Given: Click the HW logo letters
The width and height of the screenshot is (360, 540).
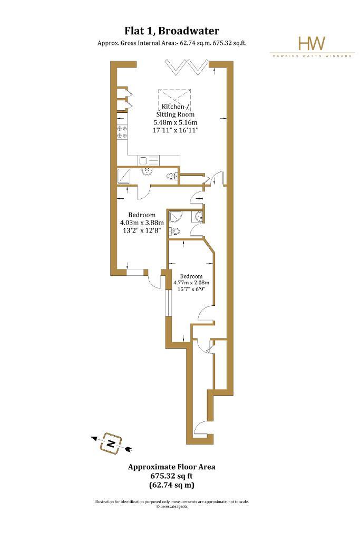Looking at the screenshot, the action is coord(312,43).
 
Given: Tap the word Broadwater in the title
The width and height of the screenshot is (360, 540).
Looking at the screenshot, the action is coord(189,31).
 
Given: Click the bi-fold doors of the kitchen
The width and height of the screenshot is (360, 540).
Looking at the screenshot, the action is coord(187,67).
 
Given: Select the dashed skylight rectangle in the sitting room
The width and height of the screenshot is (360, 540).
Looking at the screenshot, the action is coord(174,99).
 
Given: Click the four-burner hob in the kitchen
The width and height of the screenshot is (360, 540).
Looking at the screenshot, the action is coord(122,131).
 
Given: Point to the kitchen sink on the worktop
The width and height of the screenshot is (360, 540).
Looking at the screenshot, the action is coord(149,160).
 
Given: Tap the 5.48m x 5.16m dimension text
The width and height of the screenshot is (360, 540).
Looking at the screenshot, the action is coord(176,122).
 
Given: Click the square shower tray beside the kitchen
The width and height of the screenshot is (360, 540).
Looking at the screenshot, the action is coord(124,176).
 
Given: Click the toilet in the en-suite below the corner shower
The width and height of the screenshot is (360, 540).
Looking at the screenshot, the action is coord(174,232).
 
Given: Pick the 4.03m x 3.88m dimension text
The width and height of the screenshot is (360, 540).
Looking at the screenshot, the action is coord(142,223).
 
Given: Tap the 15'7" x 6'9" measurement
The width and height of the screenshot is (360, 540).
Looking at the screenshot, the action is coord(191,290).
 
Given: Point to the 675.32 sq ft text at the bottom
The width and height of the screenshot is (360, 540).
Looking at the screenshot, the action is coord(172,476).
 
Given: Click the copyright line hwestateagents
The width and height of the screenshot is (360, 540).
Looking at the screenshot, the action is coord(172,507).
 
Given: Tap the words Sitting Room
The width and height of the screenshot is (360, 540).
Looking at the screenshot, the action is coord(175,114).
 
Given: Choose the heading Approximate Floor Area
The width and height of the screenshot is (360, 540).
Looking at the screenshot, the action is coord(172,467).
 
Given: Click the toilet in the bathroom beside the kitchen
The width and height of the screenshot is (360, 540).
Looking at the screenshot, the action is coord(171,177).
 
